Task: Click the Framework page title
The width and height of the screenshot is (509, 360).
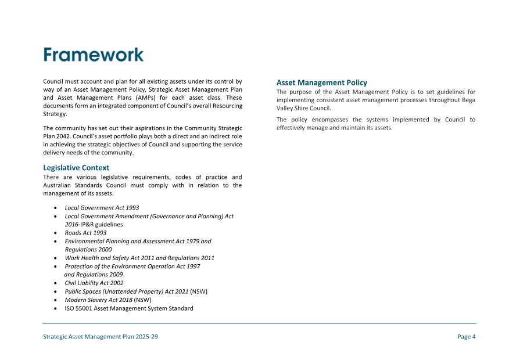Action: tap(94, 55)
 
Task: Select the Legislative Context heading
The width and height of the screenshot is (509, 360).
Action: tap(76, 168)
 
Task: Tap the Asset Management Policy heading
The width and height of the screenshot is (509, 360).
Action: tap(321, 83)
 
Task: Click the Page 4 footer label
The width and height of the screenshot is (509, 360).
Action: tap(466, 337)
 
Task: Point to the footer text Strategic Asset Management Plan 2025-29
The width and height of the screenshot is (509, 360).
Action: tap(101, 337)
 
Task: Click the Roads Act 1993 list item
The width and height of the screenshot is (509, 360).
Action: tap(85, 233)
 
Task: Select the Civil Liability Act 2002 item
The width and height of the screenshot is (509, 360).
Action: tap(94, 283)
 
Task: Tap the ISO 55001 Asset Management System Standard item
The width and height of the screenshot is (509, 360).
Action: tap(128, 308)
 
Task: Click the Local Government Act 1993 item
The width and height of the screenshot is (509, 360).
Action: tap(102, 207)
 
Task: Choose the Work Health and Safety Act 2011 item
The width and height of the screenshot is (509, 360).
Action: tap(139, 258)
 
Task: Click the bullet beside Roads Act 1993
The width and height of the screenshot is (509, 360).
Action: tap(55, 233)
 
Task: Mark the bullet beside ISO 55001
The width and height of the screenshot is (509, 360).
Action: tap(55, 308)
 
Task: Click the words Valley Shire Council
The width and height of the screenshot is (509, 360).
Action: tap(303, 108)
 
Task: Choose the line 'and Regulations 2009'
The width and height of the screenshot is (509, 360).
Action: tap(93, 275)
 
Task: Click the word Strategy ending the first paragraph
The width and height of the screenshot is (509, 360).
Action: tap(55, 114)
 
